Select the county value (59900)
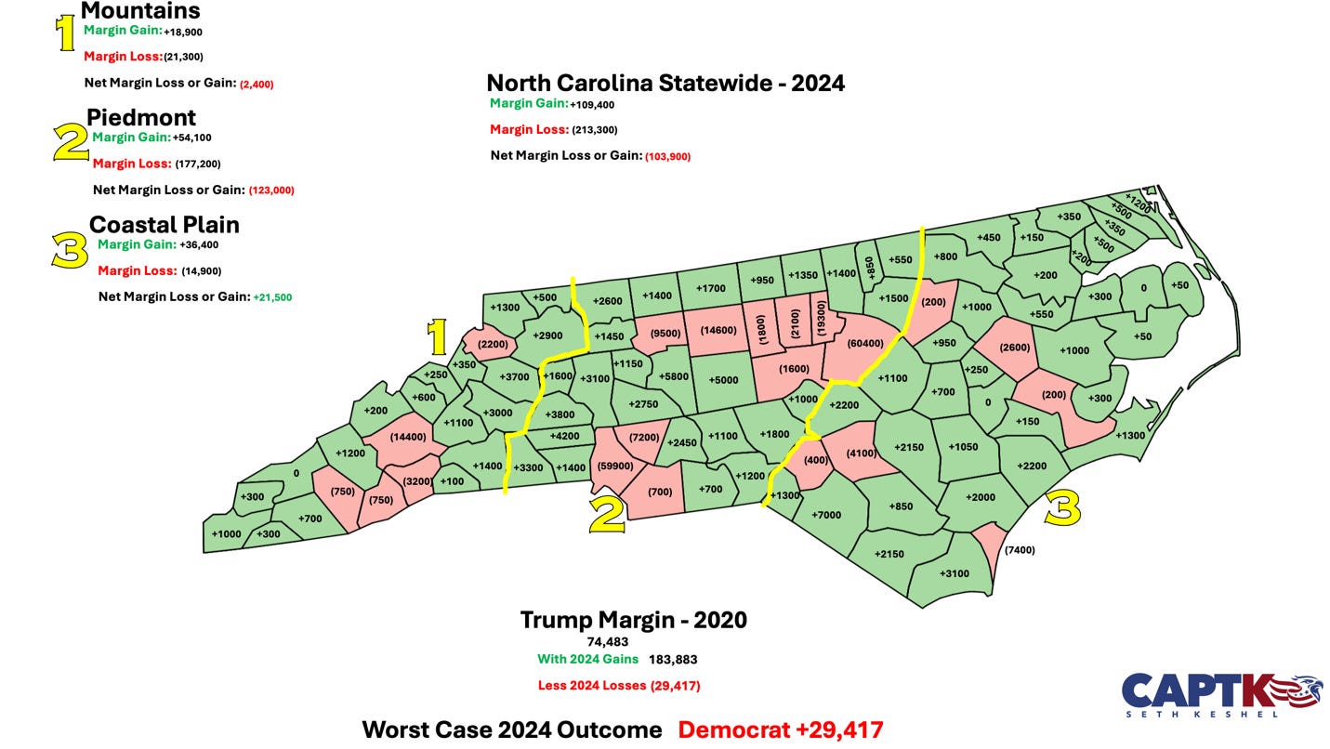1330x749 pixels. tap(615, 466)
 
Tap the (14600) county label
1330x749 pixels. tap(718, 330)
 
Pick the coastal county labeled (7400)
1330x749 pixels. tap(1019, 549)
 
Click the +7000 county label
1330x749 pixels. tap(825, 515)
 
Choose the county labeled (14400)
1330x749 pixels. tap(408, 436)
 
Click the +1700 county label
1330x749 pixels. tap(710, 288)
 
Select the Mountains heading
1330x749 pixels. tap(140, 11)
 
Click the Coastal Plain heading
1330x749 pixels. tap(165, 225)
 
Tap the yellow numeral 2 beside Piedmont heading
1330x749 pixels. tap(71, 144)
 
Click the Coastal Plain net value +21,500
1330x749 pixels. tap(272, 297)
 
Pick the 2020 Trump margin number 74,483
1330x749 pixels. tap(609, 641)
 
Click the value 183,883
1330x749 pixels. tap(673, 660)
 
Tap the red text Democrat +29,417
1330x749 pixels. tap(780, 729)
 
